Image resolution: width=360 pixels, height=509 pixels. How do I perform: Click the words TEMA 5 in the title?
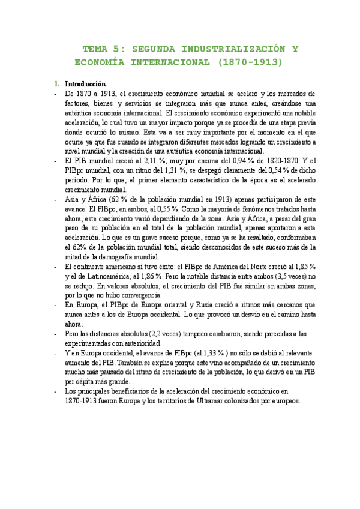104,49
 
